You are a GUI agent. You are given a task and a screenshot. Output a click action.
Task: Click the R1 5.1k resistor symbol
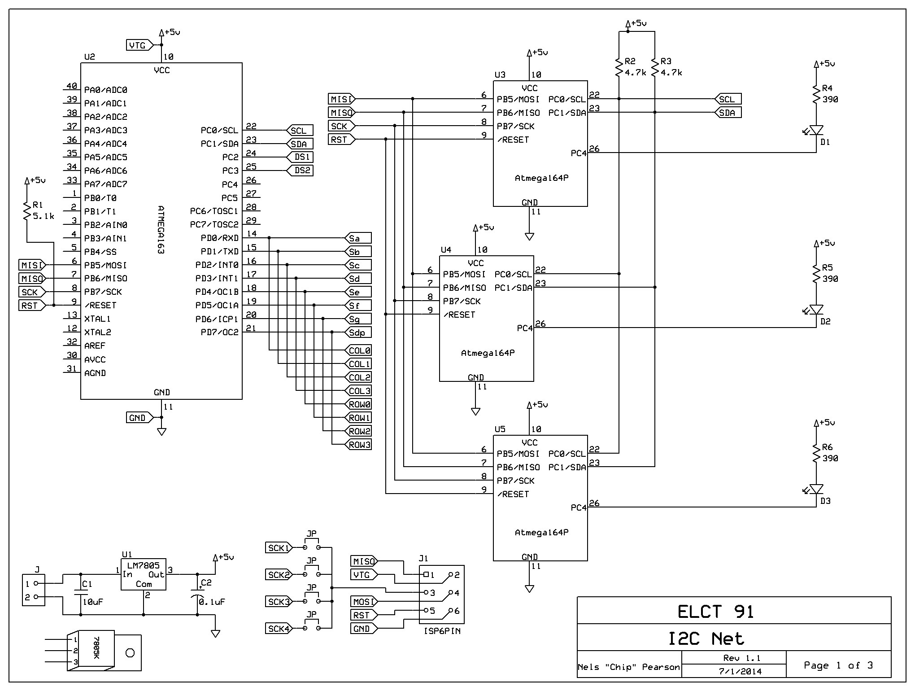pos(27,211)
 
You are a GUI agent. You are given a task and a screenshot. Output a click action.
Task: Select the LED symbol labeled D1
pos(816,130)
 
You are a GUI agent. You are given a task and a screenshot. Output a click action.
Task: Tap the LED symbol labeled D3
pos(816,489)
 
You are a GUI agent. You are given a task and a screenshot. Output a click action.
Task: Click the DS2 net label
pos(301,171)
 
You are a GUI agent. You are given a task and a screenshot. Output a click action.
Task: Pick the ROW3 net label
pos(358,445)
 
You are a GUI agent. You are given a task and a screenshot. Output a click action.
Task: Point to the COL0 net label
pos(358,350)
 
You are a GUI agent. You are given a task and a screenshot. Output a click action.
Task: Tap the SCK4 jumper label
pos(278,629)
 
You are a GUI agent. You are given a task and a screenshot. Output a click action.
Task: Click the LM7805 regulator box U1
pos(144,574)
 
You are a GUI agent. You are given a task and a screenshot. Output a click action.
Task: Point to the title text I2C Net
pos(706,639)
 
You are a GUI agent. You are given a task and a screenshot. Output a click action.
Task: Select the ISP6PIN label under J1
pos(442,631)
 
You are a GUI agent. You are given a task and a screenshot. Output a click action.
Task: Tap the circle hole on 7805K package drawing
pos(130,653)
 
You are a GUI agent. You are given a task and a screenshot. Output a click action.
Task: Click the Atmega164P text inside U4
pos(488,353)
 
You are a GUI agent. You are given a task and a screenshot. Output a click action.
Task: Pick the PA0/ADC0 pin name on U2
pos(105,90)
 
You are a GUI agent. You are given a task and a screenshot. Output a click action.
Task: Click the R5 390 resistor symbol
pos(816,274)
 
